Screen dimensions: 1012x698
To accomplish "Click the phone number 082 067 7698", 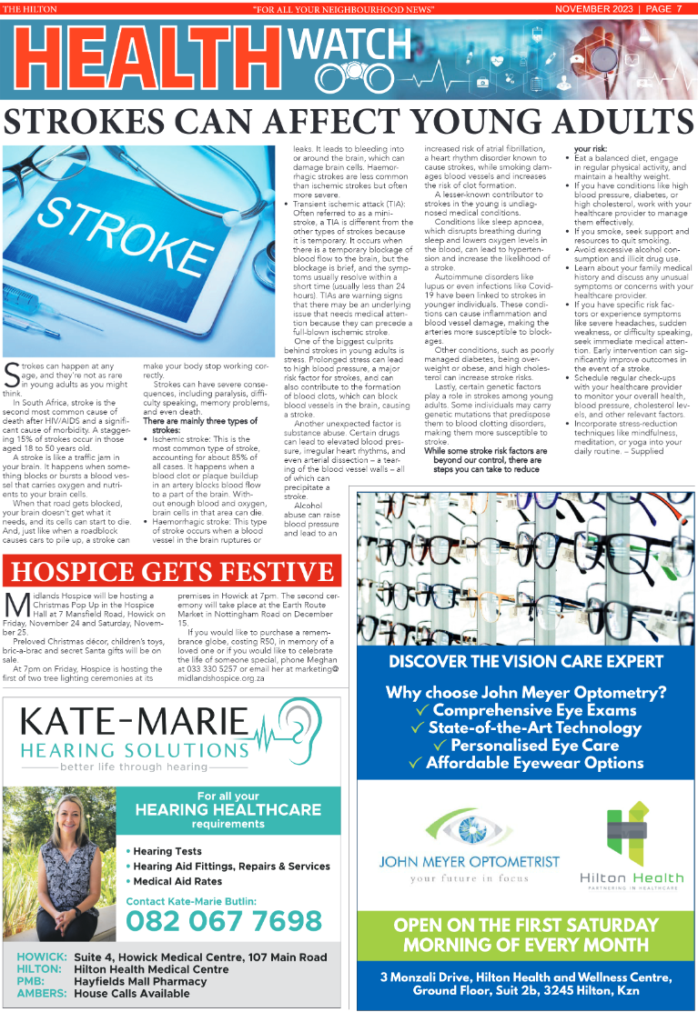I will (x=224, y=922).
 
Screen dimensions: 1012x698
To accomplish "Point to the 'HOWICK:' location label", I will (x=42, y=957).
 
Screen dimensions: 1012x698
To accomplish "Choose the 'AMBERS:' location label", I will (x=42, y=994).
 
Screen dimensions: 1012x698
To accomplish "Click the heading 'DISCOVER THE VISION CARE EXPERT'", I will (x=525, y=662).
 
